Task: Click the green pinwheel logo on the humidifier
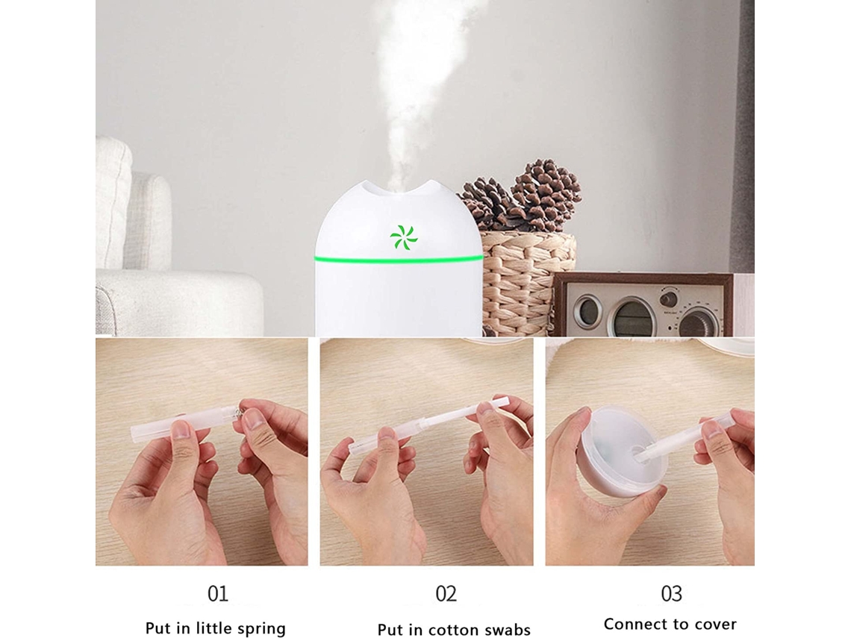403,237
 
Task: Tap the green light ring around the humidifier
399,260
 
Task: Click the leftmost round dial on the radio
587,312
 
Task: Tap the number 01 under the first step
218,593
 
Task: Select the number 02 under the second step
446,593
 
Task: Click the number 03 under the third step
671,593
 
